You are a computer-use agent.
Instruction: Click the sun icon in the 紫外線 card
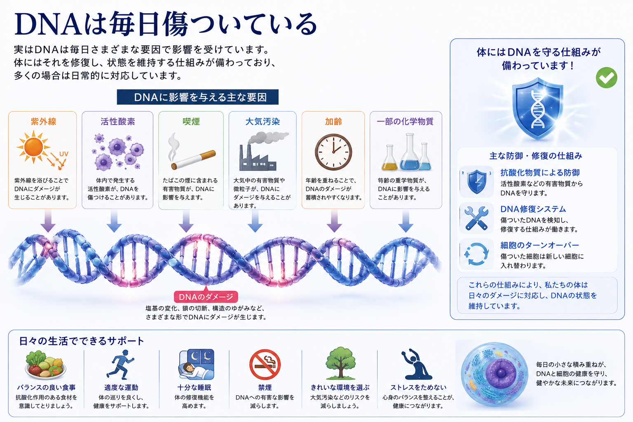click(34, 147)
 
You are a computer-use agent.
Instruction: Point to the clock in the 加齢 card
click(333, 152)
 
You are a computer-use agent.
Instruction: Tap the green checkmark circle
click(607, 77)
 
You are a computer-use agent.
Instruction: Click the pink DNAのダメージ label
click(206, 296)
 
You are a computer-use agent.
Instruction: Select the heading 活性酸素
click(117, 122)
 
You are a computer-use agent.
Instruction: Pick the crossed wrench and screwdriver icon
click(477, 218)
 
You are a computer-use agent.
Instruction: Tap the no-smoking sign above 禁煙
click(265, 364)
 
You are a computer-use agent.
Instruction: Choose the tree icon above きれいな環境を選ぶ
click(340, 363)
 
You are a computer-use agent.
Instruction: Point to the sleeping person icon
click(197, 364)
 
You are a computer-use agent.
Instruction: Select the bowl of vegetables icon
click(45, 364)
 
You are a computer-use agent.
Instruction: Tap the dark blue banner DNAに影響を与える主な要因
click(197, 97)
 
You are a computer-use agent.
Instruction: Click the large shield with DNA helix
click(538, 108)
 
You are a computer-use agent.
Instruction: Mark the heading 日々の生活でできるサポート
click(81, 341)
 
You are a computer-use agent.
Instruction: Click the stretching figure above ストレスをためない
click(417, 364)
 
